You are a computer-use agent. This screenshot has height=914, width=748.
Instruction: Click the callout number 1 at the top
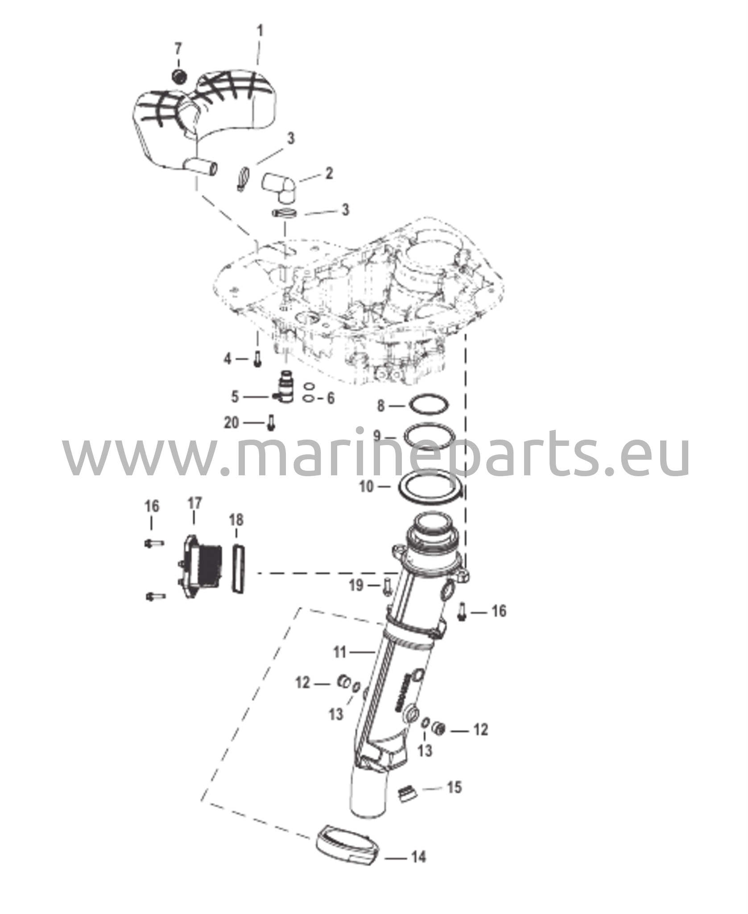260,31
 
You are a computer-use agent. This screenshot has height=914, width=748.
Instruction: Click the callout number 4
227,358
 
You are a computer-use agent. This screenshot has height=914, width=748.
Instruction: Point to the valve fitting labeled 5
282,385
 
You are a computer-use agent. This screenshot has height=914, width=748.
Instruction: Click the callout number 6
330,398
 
